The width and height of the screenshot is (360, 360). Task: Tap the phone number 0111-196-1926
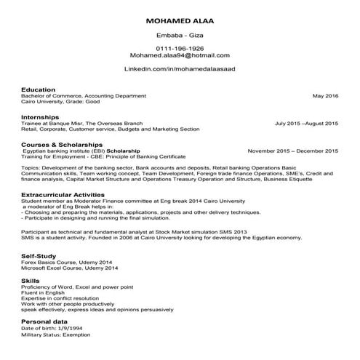coord(180,47)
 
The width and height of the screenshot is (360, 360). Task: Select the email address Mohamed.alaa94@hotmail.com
coord(180,55)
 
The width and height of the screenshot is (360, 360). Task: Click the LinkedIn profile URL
coord(180,69)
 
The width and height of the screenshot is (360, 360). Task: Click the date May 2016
coord(325,96)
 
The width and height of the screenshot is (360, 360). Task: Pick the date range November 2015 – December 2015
coord(292,151)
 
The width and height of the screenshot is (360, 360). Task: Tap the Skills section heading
coord(30,279)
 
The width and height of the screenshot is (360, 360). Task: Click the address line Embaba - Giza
coord(180,34)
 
